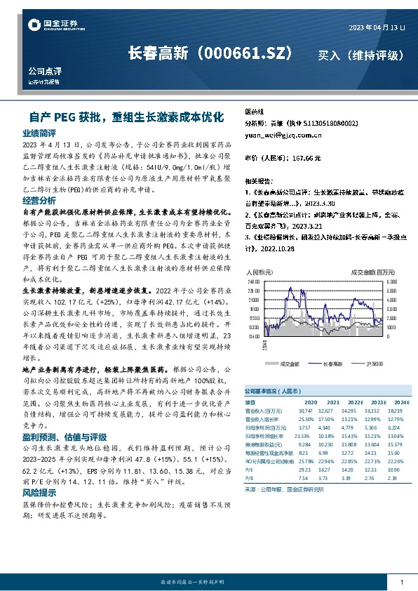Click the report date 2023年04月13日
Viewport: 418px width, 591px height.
[x=377, y=27]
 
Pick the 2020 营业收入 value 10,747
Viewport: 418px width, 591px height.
[x=304, y=411]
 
